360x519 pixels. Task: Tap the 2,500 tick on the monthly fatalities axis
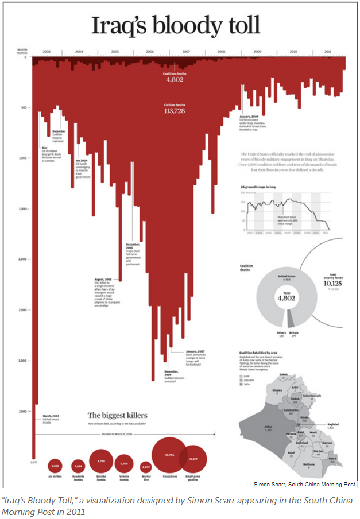(x=24, y=310)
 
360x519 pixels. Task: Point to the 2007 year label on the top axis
(x=186, y=52)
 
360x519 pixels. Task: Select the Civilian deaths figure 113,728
(x=174, y=111)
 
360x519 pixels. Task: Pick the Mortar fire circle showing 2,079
(x=145, y=466)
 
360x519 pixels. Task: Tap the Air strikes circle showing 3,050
(x=55, y=466)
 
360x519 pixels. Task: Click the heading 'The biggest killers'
(x=117, y=415)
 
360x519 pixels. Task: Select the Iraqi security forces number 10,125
(x=332, y=283)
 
